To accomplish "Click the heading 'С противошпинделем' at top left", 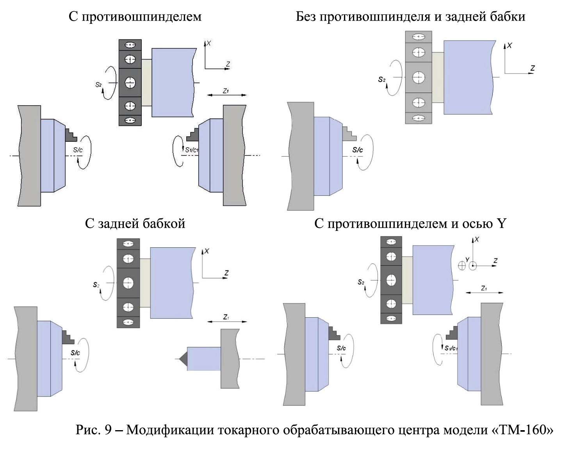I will (135, 16).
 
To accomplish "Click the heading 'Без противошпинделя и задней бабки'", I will (410, 16).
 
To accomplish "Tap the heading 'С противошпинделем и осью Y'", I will (410, 223).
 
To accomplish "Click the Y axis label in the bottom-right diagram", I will (467, 259).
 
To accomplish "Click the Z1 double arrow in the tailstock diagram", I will (227, 322).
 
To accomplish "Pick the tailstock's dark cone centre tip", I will (183, 359).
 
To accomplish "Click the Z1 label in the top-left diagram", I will (226, 91).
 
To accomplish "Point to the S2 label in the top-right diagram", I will (381, 80).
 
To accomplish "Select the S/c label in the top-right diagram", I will (357, 150).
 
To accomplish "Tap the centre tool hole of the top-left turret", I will (130, 82).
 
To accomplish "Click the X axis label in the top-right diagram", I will (510, 45).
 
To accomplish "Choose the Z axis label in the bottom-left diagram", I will (226, 273).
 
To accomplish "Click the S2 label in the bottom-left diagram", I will (96, 285).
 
